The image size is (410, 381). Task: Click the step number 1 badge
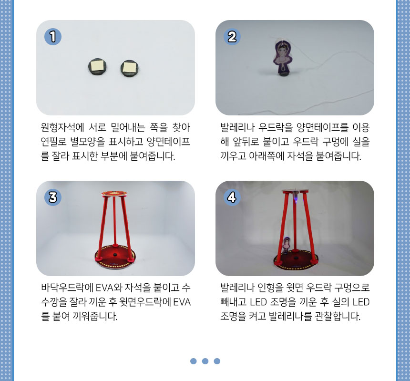pos(53,37)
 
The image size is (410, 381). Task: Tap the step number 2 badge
pos(232,37)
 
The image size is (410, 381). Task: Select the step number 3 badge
pos(53,197)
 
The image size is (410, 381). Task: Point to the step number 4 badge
pos(232,197)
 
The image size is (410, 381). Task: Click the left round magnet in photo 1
pos(97,66)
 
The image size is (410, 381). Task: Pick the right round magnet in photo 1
pos(129,69)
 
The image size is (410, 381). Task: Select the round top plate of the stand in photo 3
pos(114,194)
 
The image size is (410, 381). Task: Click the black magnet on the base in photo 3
pos(114,255)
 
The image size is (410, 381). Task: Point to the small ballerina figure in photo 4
pos(286,245)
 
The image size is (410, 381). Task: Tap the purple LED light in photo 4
pos(296,200)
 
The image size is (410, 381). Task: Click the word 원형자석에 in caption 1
pos(62,127)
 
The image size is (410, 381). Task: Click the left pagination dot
pos(193,361)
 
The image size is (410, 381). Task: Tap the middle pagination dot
pos(205,361)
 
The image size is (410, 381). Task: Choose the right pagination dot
pos(217,361)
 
